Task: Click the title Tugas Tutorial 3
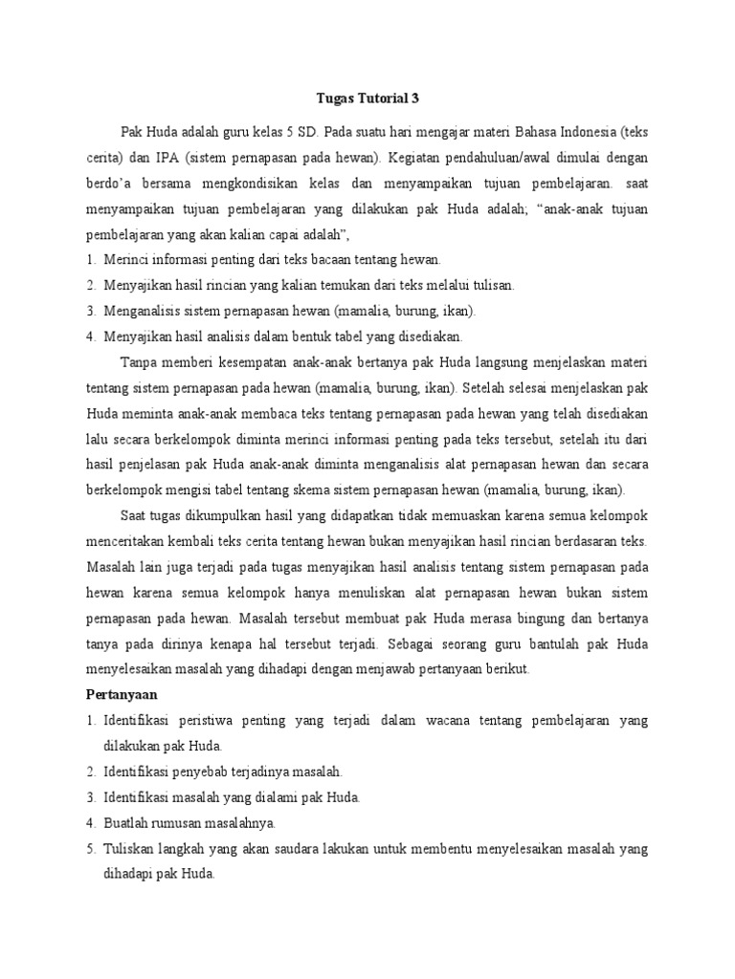coord(367,98)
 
